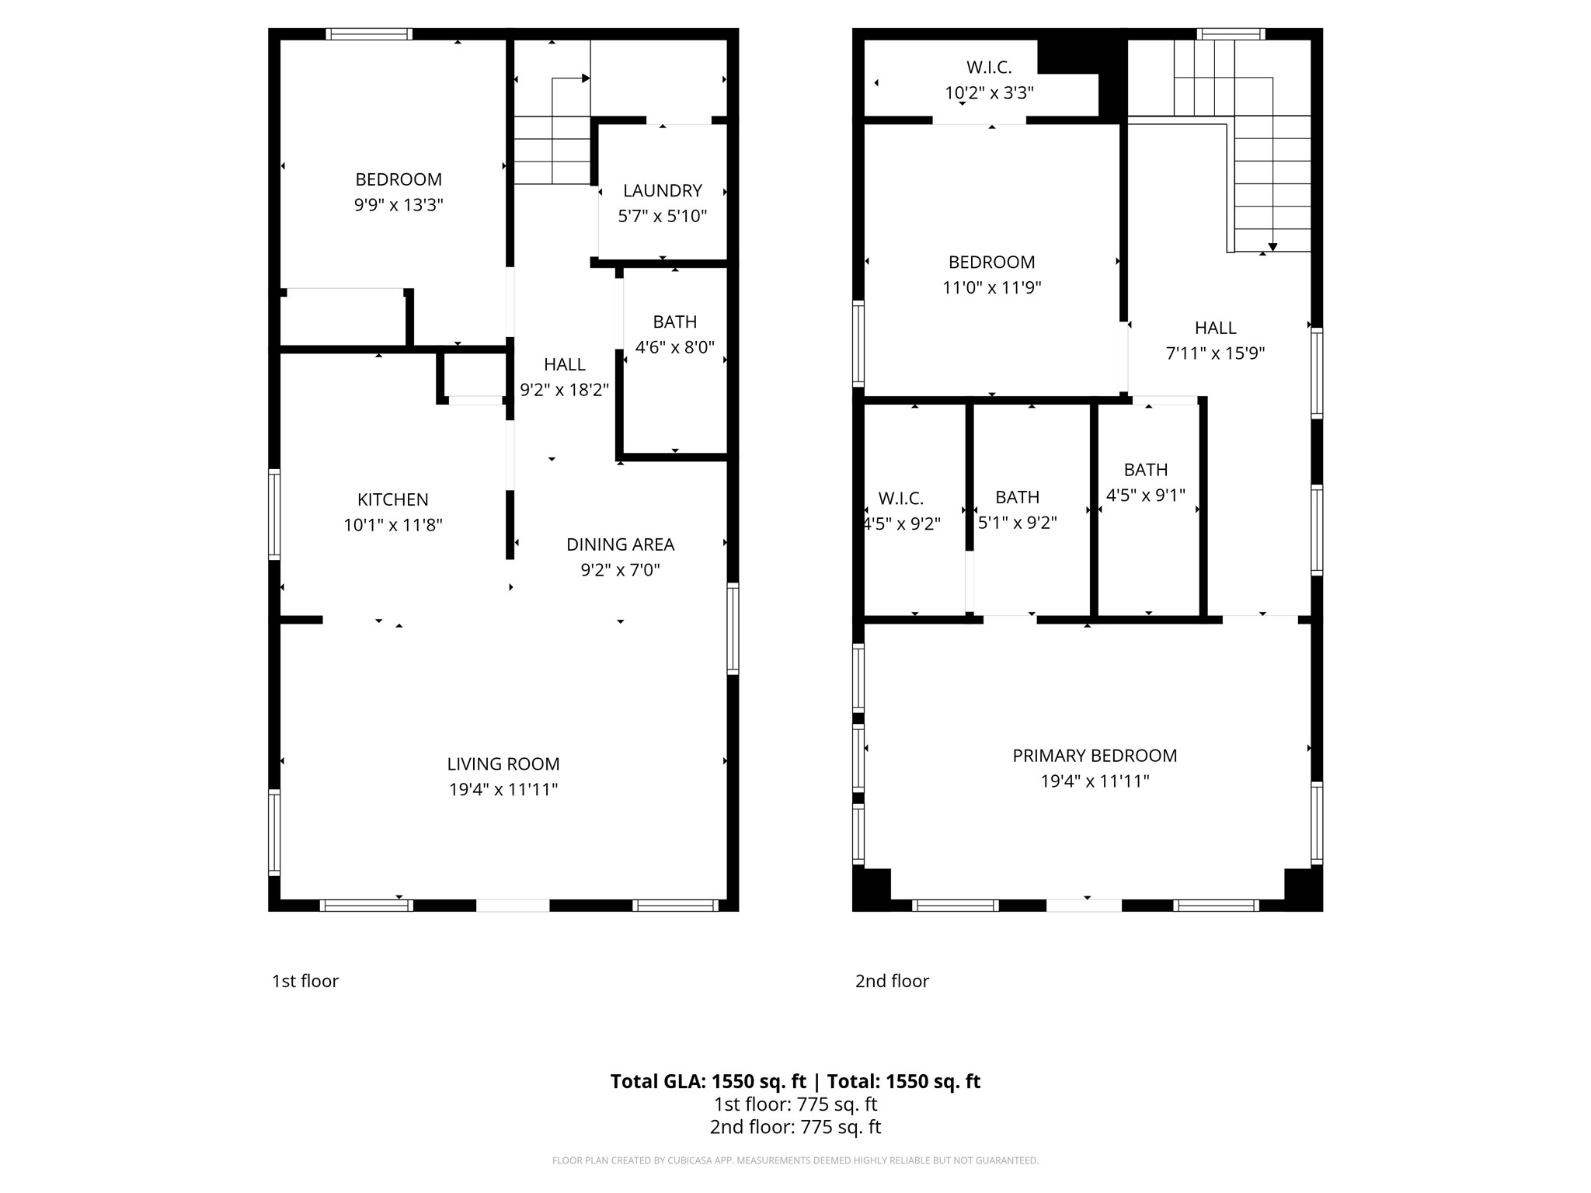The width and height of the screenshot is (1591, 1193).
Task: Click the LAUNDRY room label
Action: pyautogui.click(x=662, y=190)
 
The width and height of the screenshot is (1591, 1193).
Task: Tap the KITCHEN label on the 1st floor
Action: pyautogui.click(x=392, y=499)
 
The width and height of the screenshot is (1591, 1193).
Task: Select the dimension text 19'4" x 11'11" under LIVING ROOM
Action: pyautogui.click(x=503, y=790)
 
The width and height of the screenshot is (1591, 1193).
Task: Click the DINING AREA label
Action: pyautogui.click(x=620, y=544)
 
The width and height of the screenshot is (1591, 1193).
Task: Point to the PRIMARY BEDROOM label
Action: pyautogui.click(x=1095, y=756)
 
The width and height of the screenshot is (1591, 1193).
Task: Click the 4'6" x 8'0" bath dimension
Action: pyautogui.click(x=674, y=347)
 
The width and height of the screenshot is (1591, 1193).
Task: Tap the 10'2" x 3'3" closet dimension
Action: pyautogui.click(x=989, y=93)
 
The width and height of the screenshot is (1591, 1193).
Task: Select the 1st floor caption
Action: pyautogui.click(x=305, y=981)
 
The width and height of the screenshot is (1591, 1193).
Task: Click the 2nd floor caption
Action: pyautogui.click(x=892, y=981)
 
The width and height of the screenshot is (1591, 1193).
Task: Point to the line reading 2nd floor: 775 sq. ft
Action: pyautogui.click(x=795, y=1127)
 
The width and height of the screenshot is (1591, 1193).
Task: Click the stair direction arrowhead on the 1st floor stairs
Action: pyautogui.click(x=586, y=78)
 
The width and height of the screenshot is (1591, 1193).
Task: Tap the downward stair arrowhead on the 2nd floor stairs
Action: pyautogui.click(x=1272, y=247)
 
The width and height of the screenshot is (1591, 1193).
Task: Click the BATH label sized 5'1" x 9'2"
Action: pyautogui.click(x=1017, y=497)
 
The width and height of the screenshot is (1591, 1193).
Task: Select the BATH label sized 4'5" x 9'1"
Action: pyautogui.click(x=1145, y=470)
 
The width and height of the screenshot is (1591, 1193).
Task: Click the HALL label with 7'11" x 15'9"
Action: pyautogui.click(x=1215, y=328)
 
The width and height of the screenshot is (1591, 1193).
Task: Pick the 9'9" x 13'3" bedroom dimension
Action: pyautogui.click(x=399, y=205)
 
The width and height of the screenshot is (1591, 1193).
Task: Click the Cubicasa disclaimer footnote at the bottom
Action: pyautogui.click(x=795, y=1160)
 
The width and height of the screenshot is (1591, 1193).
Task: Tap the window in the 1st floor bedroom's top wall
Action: pyautogui.click(x=368, y=34)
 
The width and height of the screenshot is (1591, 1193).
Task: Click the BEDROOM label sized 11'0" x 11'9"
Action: pyautogui.click(x=991, y=263)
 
